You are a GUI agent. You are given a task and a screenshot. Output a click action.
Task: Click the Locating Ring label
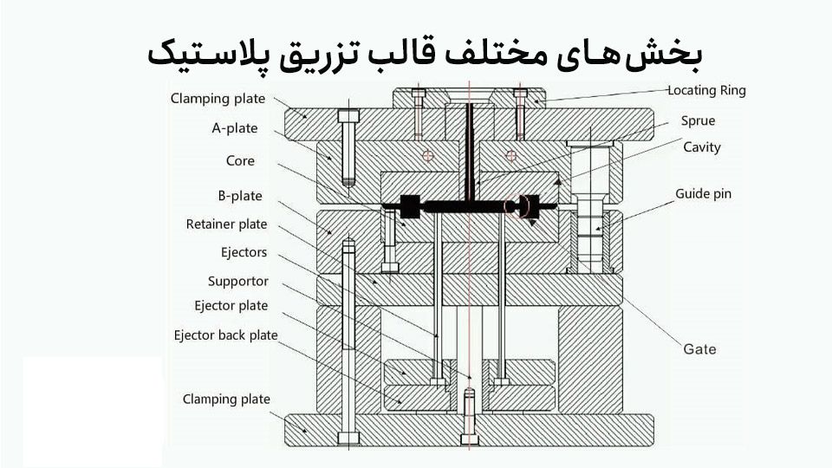pos(706,90)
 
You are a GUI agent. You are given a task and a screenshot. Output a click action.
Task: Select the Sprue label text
pos(698,121)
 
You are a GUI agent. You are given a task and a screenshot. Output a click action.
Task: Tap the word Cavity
pos(701,147)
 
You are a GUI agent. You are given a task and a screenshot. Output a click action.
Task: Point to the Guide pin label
pos(703,194)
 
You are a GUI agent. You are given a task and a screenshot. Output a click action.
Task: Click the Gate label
pos(699,349)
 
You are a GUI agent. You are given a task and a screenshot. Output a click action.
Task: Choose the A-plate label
pos(235,128)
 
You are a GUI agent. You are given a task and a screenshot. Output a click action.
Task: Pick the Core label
pos(240,161)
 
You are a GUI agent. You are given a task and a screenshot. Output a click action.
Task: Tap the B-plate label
pos(240,196)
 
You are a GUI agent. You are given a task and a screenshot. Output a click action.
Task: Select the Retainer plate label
pos(227,224)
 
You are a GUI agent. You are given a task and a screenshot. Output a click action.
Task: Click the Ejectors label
pos(244,253)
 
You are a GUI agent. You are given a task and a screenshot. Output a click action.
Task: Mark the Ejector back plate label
pos(225,335)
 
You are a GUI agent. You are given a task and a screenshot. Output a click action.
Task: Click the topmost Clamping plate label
pos(218,99)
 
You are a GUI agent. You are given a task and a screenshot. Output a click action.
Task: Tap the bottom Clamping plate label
pos(226,400)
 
